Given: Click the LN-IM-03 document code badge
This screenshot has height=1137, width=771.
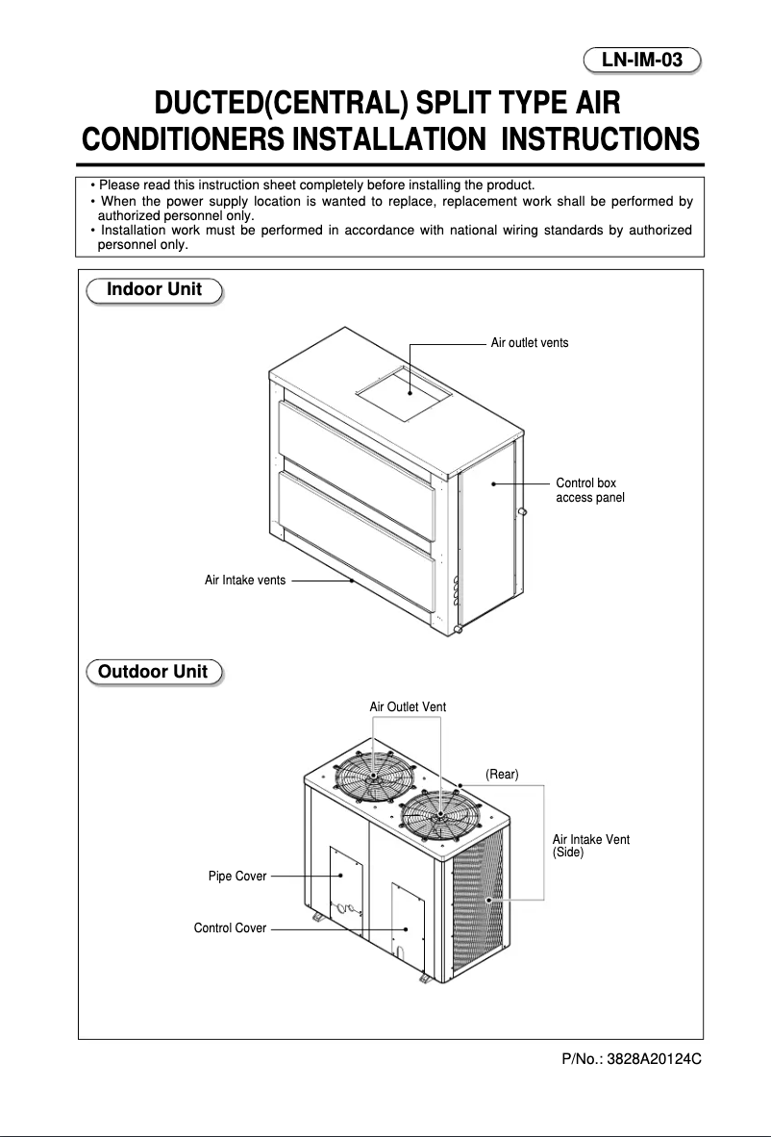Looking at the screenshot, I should (x=642, y=61).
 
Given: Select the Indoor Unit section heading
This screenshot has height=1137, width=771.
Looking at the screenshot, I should (x=154, y=289).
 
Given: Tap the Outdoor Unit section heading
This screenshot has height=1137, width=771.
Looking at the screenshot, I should (x=154, y=671).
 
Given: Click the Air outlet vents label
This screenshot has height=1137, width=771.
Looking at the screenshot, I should (x=529, y=343).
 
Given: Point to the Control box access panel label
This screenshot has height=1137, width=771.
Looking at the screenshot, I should (x=590, y=490).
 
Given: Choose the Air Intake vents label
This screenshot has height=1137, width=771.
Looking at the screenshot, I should (x=245, y=581).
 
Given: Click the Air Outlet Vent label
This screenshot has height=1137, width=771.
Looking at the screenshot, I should (x=408, y=706).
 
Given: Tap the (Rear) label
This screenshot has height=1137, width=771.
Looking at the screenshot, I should (x=502, y=775).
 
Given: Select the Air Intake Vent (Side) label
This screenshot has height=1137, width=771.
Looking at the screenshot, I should (x=591, y=846).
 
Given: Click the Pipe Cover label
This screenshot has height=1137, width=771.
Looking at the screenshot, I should (x=237, y=877).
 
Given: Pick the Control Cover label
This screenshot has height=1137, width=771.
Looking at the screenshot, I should (x=230, y=928).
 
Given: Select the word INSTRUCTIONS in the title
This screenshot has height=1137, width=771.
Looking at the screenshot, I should (x=601, y=140).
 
